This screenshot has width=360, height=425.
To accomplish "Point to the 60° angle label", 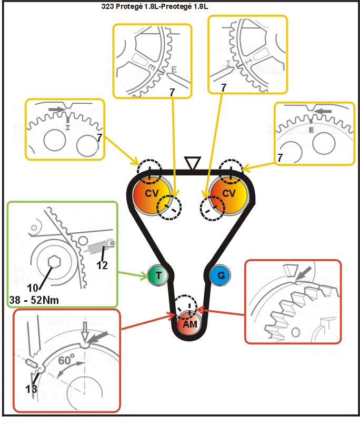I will point(67,361).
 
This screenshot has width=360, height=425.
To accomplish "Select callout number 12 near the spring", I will point(102,265).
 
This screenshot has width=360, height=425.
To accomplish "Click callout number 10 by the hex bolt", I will point(31,288).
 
